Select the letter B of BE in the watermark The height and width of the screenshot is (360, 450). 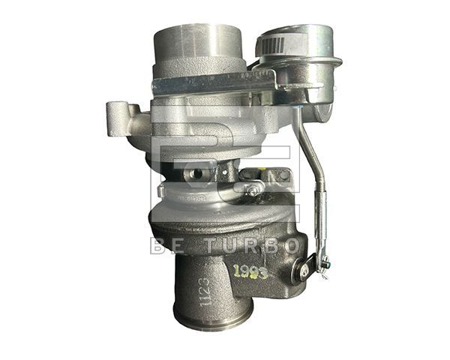point(155,245)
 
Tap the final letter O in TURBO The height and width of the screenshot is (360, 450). point(292,245)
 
